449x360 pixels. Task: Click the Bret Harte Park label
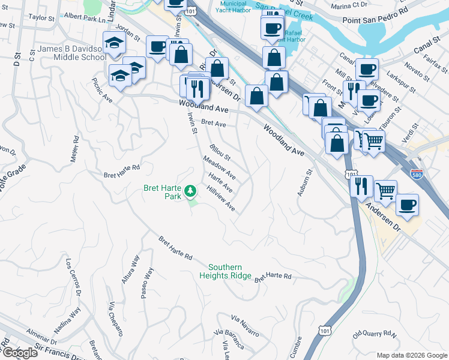162,192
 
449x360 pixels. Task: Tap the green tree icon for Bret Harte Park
190,191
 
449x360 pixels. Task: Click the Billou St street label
220,152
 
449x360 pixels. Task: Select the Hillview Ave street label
220,199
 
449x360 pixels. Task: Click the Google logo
19,352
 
